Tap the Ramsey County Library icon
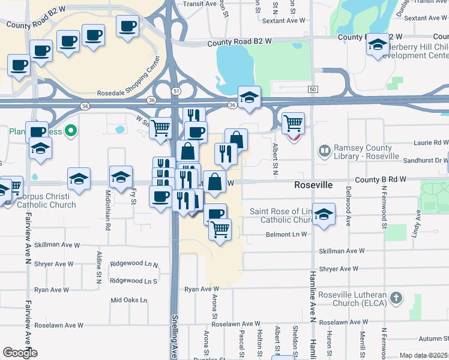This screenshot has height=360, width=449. [325, 150]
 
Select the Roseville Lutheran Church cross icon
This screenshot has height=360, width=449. [395, 298]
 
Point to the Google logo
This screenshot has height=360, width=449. [20, 353]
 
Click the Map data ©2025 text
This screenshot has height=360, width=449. [423, 355]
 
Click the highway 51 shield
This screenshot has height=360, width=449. [175, 91]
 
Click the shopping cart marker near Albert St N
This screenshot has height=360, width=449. [293, 124]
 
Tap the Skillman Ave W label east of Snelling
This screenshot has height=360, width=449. [342, 251]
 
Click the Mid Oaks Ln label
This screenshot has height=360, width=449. [128, 300]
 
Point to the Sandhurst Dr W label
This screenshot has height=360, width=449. [429, 161]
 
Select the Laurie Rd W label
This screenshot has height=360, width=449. [431, 143]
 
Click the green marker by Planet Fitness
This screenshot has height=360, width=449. [71, 130]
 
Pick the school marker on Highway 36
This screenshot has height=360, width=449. [249, 97]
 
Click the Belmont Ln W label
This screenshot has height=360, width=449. [287, 235]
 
